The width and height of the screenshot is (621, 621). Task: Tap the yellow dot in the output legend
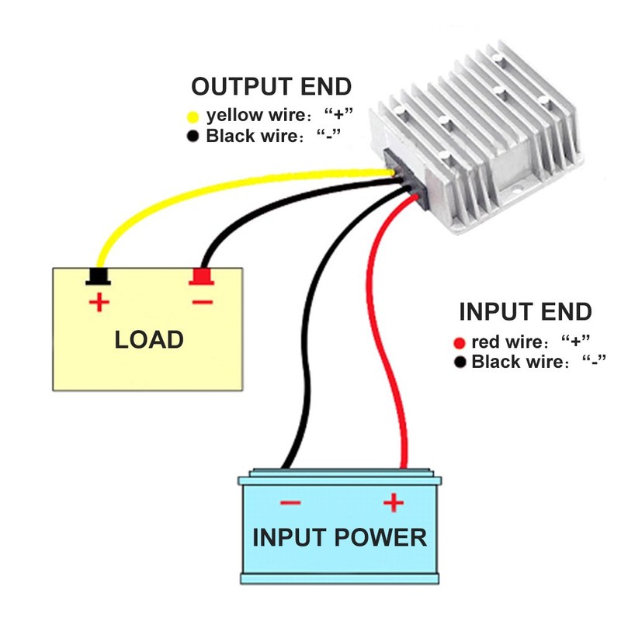(x=193, y=118)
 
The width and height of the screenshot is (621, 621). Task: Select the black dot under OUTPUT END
(x=193, y=137)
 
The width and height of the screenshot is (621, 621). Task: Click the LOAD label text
(x=149, y=339)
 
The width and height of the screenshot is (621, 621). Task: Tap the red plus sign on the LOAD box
(x=98, y=302)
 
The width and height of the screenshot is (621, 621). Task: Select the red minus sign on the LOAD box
(x=201, y=301)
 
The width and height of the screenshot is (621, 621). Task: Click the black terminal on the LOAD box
(x=98, y=276)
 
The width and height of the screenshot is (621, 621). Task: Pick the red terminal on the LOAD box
(x=202, y=276)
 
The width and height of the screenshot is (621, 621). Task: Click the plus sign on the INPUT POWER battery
(x=394, y=504)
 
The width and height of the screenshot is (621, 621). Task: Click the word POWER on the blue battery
(x=383, y=537)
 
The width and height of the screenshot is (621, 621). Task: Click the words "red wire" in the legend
(x=500, y=342)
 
